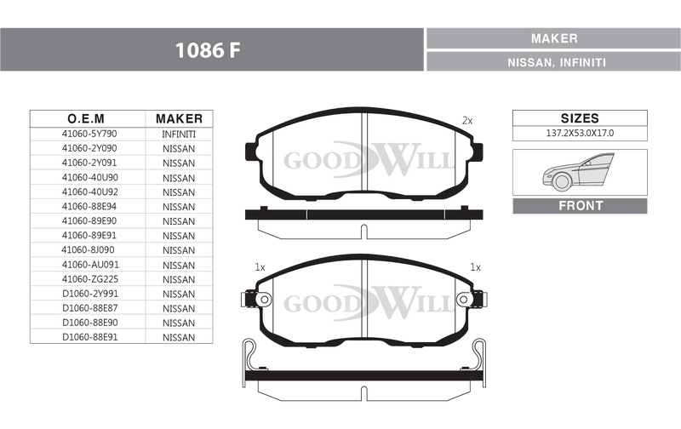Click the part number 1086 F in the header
click(x=208, y=50)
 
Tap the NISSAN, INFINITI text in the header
click(x=557, y=62)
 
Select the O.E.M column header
click(x=86, y=118)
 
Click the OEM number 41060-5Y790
click(x=89, y=134)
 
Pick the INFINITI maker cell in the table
click(x=179, y=134)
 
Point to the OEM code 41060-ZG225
click(x=90, y=279)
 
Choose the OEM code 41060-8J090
click(x=88, y=250)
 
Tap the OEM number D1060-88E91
click(x=90, y=337)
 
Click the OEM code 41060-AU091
click(x=90, y=265)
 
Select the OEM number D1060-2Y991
click(x=90, y=294)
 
